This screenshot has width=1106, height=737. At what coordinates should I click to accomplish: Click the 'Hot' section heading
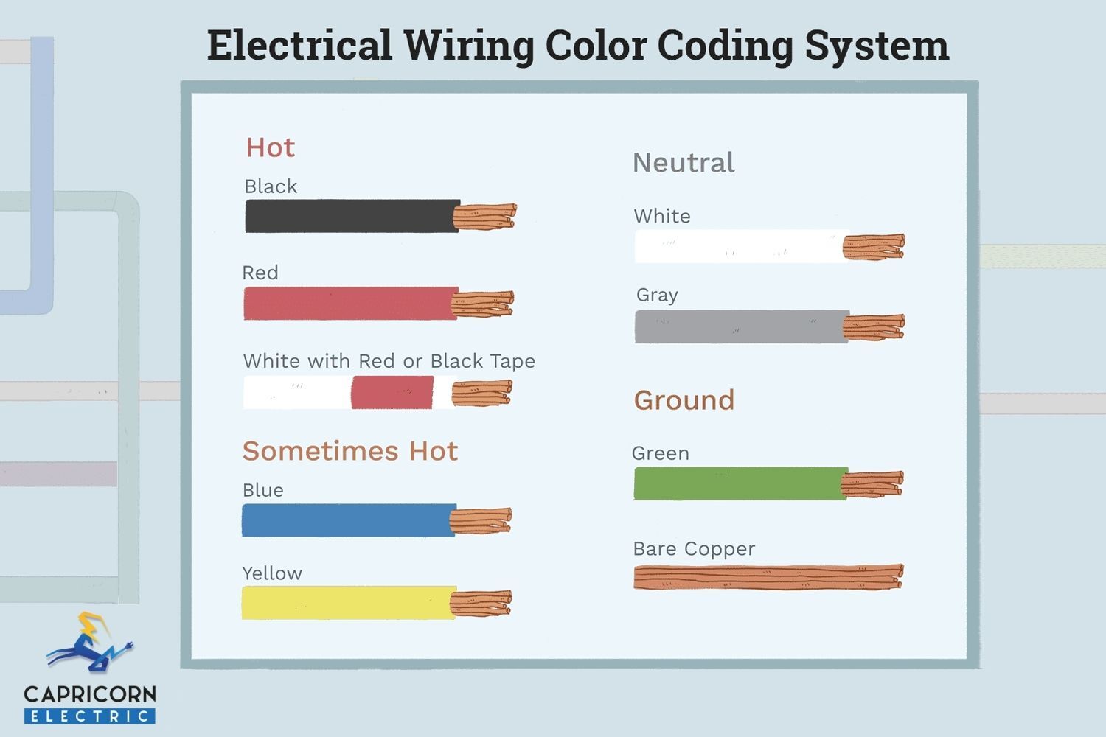click(271, 147)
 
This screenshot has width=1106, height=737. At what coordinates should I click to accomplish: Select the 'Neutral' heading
click(684, 162)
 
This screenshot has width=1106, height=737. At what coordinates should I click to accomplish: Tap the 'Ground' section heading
click(684, 400)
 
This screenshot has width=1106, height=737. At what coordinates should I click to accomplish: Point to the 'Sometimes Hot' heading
click(350, 451)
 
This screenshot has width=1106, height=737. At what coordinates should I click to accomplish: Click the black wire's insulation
click(352, 216)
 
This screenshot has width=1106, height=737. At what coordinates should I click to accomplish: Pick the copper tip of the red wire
click(482, 304)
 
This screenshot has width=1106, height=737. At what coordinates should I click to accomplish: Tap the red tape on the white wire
click(392, 392)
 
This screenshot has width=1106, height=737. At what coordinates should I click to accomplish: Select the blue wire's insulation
click(348, 520)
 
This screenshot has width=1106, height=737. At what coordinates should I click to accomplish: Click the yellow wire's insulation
click(348, 603)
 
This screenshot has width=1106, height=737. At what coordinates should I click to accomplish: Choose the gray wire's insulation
click(742, 326)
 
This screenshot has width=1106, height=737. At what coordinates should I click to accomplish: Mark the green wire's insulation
click(740, 483)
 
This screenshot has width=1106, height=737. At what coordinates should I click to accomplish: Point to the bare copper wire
click(769, 577)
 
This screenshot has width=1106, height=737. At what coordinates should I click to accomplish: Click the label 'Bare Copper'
click(695, 549)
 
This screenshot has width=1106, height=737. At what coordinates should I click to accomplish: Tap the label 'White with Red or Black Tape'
click(389, 361)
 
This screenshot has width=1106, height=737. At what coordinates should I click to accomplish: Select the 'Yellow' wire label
click(272, 573)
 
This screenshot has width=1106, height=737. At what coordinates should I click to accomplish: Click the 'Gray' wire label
click(657, 296)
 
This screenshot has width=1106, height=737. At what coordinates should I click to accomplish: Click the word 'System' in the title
click(877, 46)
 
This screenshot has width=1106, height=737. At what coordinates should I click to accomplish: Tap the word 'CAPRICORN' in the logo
click(90, 694)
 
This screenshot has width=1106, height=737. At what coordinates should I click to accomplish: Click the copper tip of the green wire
click(872, 483)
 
